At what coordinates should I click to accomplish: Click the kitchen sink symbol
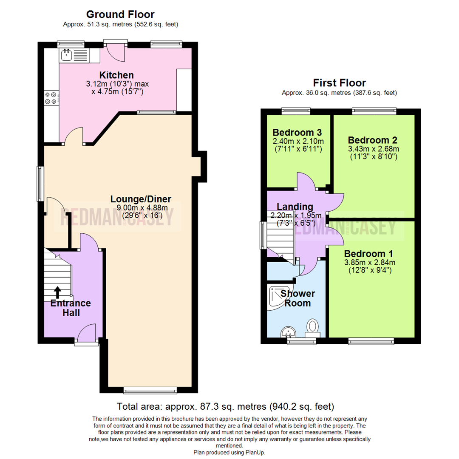click(x=74, y=55)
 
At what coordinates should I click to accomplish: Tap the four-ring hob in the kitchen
click(x=51, y=98)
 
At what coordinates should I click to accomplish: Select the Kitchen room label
click(x=116, y=75)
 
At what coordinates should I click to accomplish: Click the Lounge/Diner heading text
click(x=141, y=199)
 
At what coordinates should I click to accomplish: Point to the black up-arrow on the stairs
click(x=58, y=292)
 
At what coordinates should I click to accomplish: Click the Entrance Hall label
click(x=71, y=308)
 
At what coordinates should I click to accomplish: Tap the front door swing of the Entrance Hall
click(x=87, y=332)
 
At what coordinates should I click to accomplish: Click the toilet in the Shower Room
click(x=313, y=328)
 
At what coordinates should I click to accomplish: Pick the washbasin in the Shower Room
click(x=289, y=332)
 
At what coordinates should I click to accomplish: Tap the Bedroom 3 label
click(x=297, y=133)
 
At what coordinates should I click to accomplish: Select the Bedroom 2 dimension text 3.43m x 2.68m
click(x=374, y=149)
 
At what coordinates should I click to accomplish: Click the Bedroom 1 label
click(x=368, y=253)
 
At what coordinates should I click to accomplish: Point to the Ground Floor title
click(x=120, y=14)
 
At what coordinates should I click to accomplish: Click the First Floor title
click(x=340, y=83)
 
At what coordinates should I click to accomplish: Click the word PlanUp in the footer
click(x=255, y=453)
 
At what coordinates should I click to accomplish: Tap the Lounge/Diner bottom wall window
click(x=150, y=390)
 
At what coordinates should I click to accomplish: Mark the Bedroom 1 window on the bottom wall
click(x=371, y=341)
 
